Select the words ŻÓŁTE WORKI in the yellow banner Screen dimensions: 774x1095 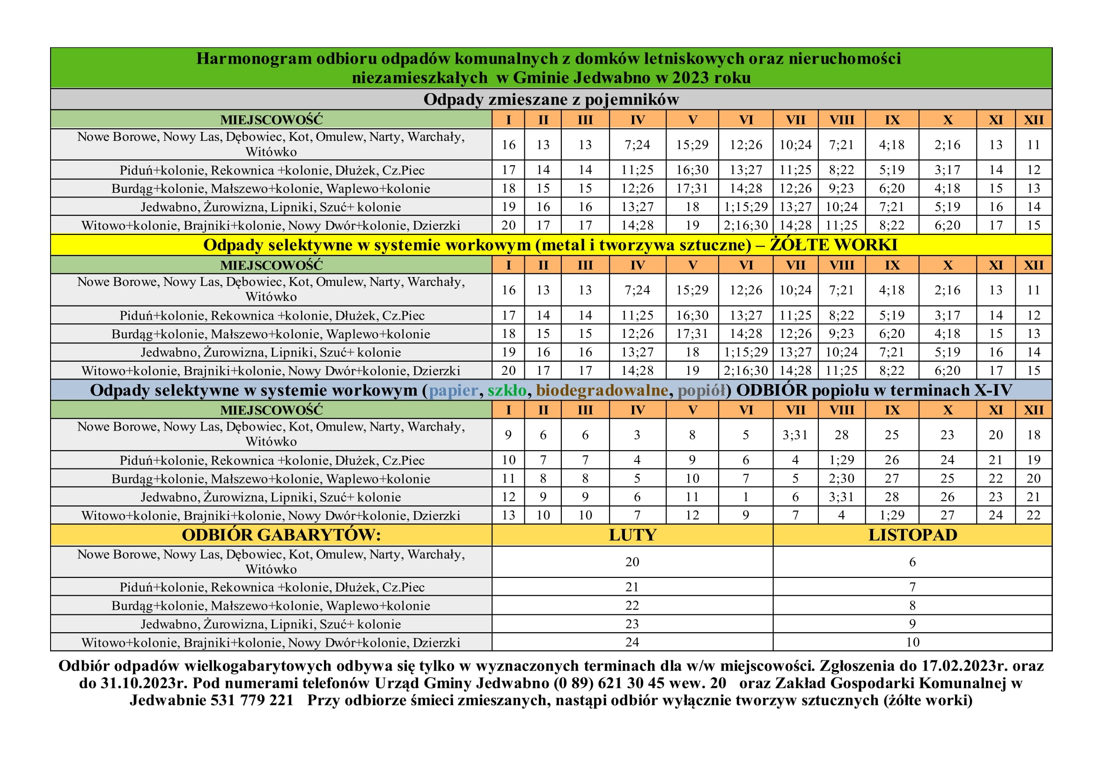coord(834,245)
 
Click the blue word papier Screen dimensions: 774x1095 coord(453,390)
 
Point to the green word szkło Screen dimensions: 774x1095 coord(507,390)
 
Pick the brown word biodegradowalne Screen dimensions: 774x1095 coord(602,390)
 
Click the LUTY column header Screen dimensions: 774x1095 coord(632,535)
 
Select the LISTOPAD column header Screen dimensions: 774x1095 coord(912,535)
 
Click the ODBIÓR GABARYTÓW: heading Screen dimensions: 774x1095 coord(281,535)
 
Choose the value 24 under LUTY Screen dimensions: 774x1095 coord(632,643)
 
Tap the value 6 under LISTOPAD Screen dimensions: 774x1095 coord(912,562)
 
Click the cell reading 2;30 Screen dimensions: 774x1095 coord(841,479)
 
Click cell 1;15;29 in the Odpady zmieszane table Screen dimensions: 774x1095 coord(746,207)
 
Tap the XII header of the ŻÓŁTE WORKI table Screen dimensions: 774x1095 coord(1034,265)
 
